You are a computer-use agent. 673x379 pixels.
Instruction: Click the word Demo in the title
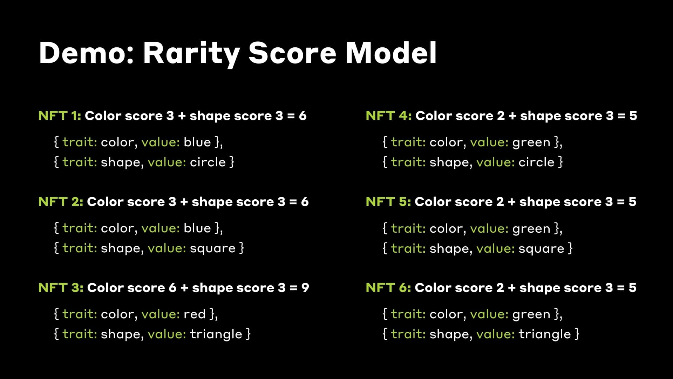tap(86, 53)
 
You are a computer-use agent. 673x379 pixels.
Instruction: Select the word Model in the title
tap(391, 53)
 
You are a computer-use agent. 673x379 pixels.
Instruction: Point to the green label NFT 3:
tap(61, 288)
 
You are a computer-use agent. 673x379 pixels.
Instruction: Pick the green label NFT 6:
tap(388, 288)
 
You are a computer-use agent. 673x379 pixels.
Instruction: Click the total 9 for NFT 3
tap(305, 288)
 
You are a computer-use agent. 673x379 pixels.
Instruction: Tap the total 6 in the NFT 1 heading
tap(302, 116)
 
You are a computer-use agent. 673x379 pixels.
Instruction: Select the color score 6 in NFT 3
tap(172, 288)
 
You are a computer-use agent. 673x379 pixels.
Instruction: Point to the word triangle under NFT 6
tap(545, 334)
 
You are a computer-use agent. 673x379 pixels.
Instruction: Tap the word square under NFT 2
tap(213, 248)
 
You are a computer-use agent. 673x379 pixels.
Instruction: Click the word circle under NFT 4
tap(536, 162)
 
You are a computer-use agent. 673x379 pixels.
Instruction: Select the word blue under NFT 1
tap(197, 142)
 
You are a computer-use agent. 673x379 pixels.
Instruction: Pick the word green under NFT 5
tap(531, 229)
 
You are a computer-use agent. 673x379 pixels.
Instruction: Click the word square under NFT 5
tap(541, 249)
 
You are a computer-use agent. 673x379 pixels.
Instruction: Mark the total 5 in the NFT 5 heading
tap(632, 202)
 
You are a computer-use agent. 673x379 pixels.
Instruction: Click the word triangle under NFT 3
tap(216, 334)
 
